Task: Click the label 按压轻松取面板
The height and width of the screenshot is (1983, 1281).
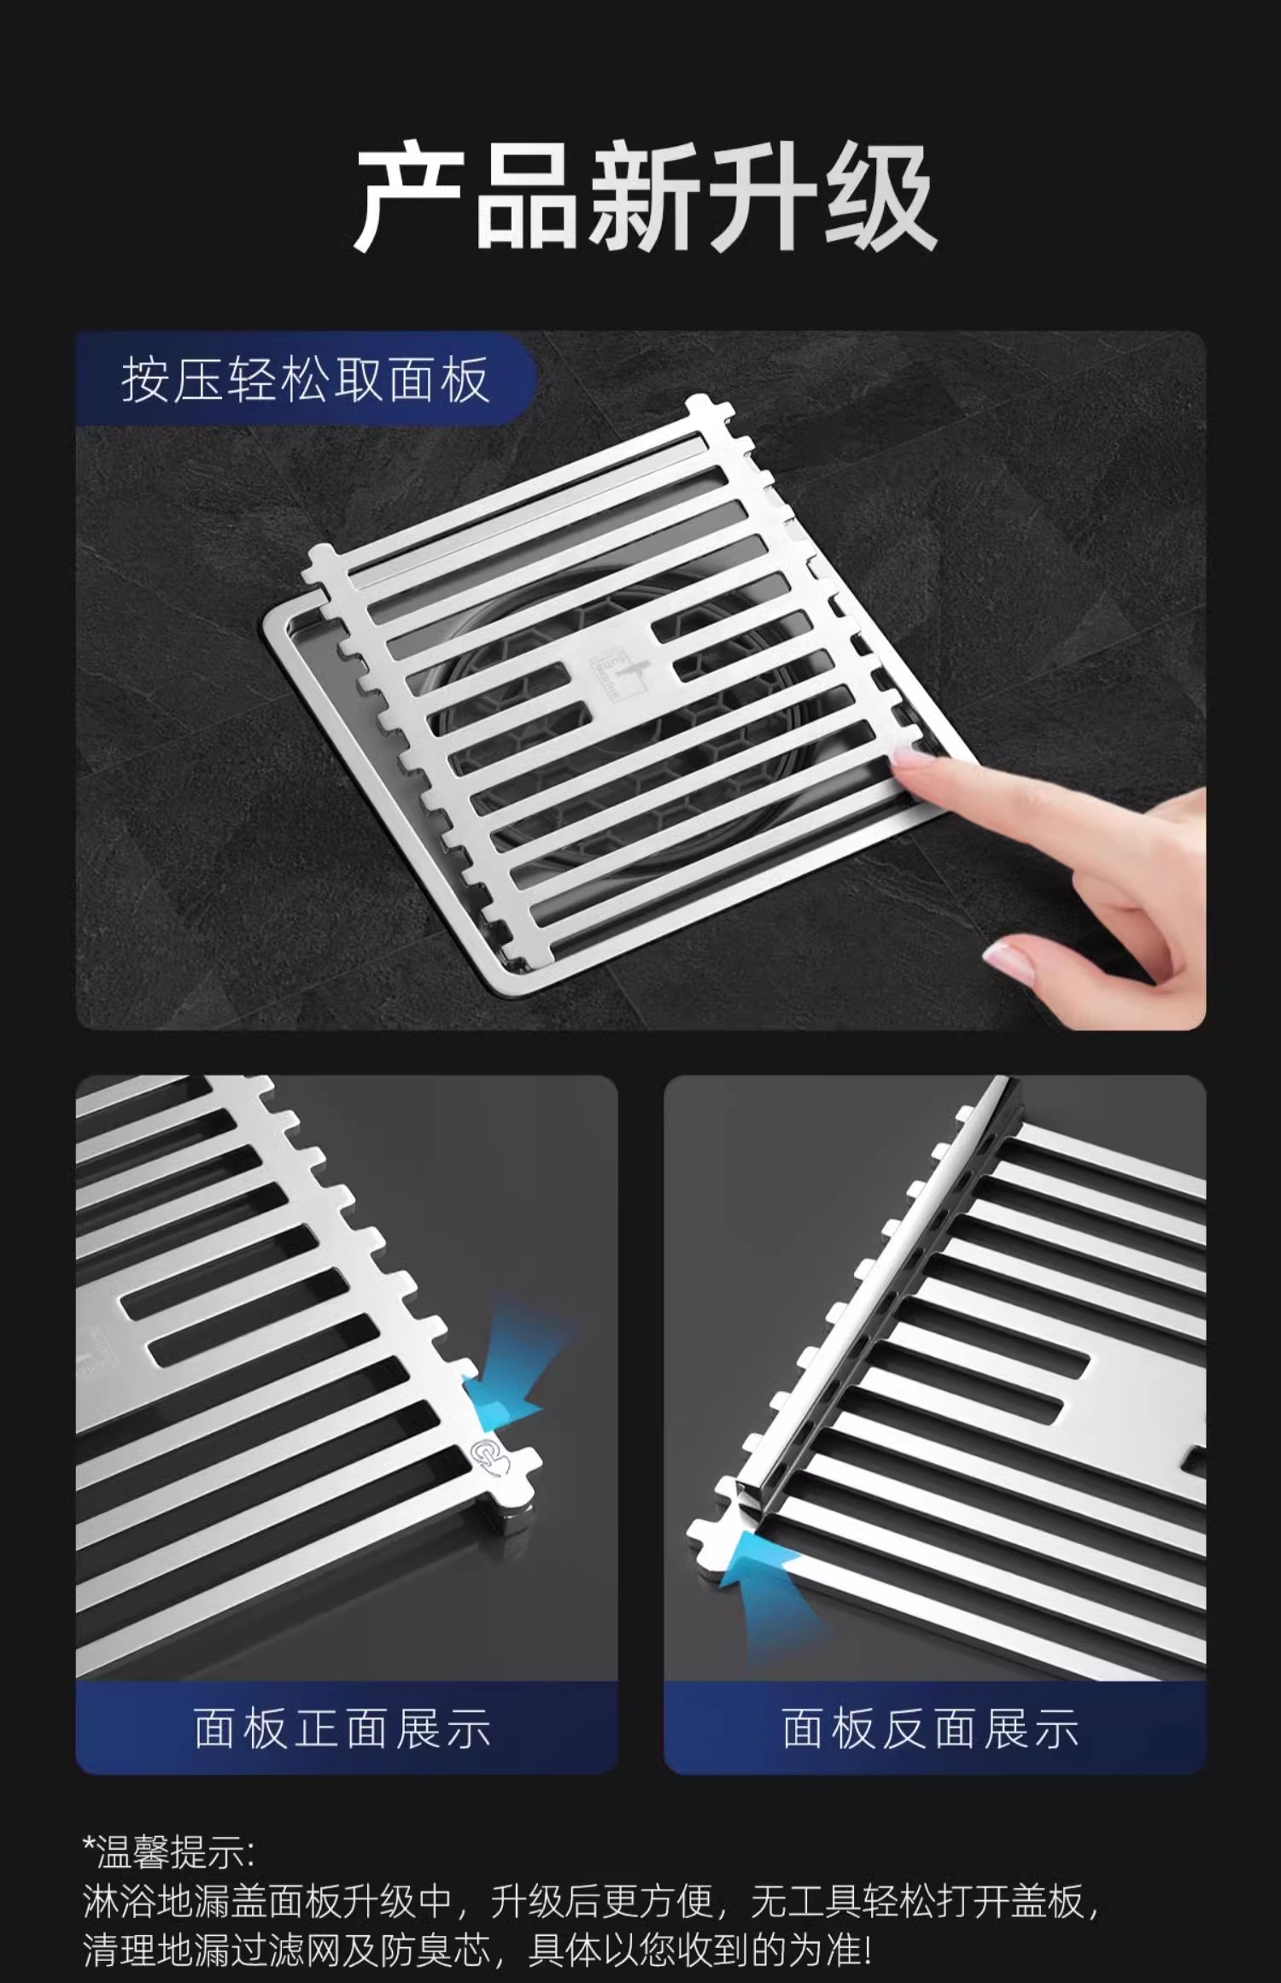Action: click(306, 380)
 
